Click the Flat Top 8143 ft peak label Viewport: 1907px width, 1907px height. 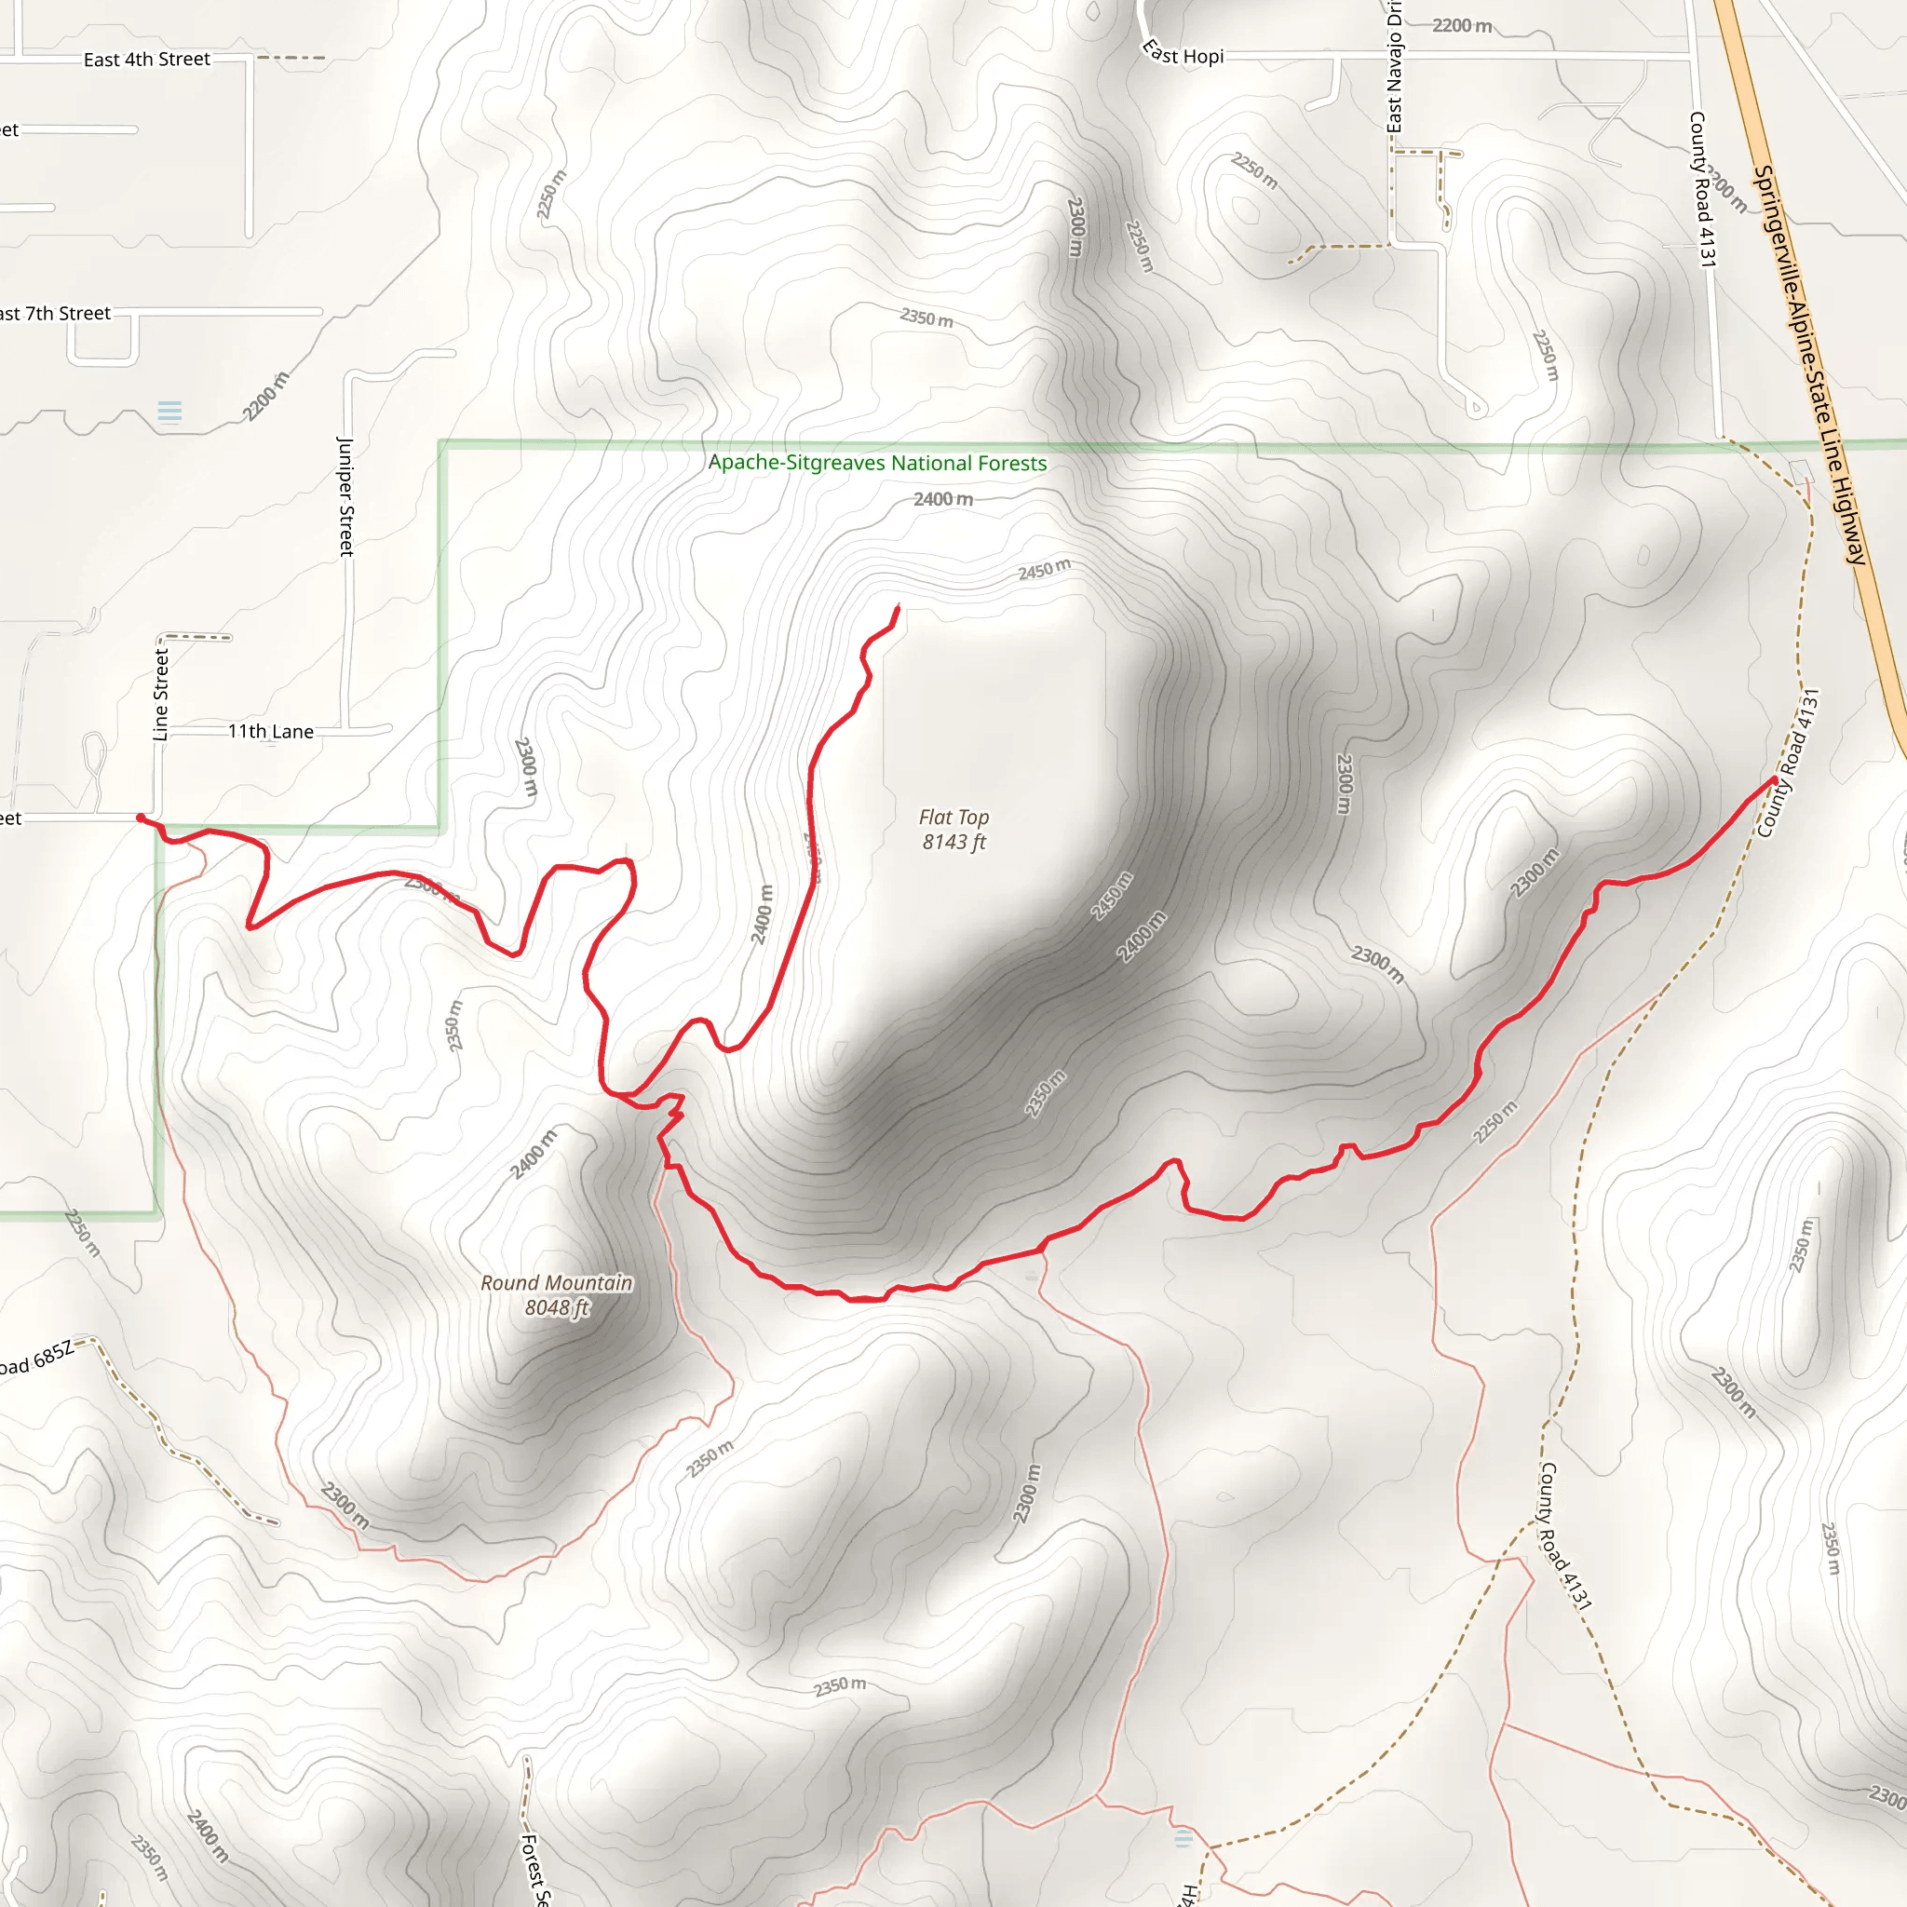click(953, 829)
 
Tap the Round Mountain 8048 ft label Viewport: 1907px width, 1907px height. click(557, 1295)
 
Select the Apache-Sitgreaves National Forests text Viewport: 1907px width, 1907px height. click(877, 463)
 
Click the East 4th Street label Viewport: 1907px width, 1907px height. click(146, 60)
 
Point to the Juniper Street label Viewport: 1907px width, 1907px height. click(345, 496)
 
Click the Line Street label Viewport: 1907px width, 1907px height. click(161, 694)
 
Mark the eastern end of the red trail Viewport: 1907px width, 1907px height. click(1774, 779)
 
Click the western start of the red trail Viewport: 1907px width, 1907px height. click(141, 818)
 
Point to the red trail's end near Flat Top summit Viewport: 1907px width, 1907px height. click(898, 606)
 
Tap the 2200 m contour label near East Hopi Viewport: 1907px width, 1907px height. click(1462, 26)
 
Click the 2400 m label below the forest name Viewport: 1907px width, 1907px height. click(942, 499)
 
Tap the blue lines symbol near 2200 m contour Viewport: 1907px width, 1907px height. click(169, 411)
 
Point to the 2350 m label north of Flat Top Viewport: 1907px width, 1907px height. click(926, 318)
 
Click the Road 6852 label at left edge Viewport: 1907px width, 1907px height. click(37, 1359)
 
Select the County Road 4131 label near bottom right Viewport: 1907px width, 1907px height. click(1564, 1535)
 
